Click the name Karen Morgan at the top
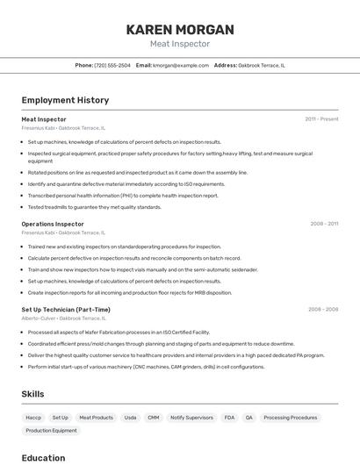[x=180, y=30]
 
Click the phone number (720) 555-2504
[x=112, y=65]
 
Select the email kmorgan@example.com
[x=181, y=65]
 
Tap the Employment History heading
[x=65, y=101]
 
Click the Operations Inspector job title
[x=53, y=224]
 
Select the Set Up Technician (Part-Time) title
[x=66, y=310]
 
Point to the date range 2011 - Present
[x=321, y=119]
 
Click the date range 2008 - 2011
[x=324, y=224]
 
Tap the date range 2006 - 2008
[x=323, y=310]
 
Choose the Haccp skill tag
[x=33, y=418]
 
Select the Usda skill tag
[x=130, y=418]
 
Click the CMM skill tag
[x=154, y=418]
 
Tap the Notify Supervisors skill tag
[x=191, y=418]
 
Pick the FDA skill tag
[x=229, y=418]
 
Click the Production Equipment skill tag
[x=51, y=431]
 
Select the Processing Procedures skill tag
[x=291, y=418]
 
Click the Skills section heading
[x=32, y=394]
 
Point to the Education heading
[x=43, y=458]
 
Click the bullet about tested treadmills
[x=95, y=207]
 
